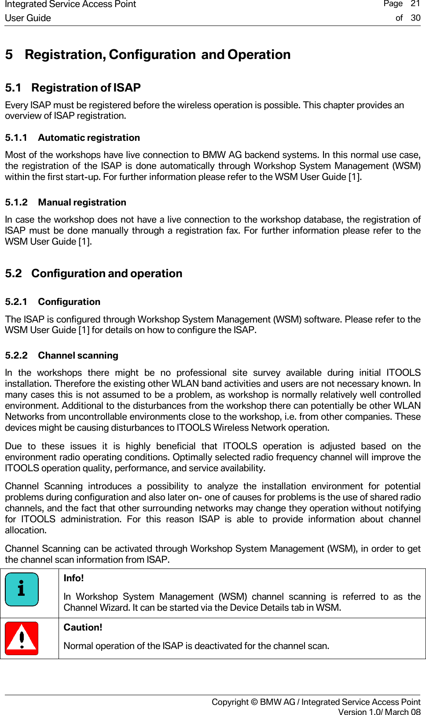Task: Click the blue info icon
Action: [22, 589]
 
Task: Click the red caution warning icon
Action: [22, 638]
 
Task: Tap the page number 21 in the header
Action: [415, 4]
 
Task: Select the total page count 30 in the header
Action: [415, 18]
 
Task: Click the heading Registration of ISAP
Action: [86, 88]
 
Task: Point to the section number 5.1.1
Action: [16, 138]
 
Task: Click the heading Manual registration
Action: [82, 202]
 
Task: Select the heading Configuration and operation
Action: [106, 273]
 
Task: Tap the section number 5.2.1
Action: [16, 302]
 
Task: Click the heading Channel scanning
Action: [78, 356]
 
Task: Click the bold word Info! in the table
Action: [73, 578]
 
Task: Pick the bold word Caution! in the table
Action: [83, 627]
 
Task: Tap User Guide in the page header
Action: [28, 18]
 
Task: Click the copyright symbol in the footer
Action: [254, 702]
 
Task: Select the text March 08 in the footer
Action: [403, 712]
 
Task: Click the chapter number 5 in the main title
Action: [9, 55]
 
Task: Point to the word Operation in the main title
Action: [259, 55]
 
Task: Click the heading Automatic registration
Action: [88, 138]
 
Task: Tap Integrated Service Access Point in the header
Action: [70, 4]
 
